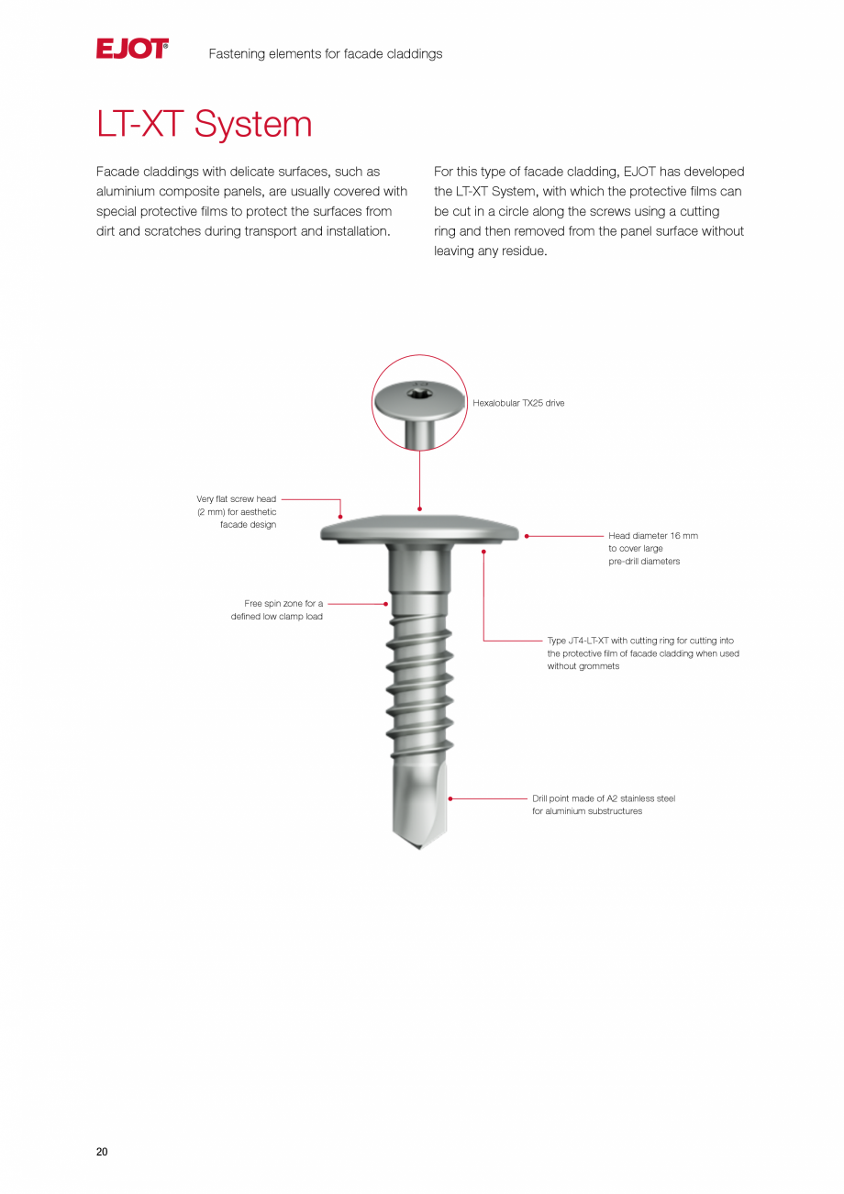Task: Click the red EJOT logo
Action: point(132,50)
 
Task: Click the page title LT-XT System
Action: point(204,125)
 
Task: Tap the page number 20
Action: point(102,1152)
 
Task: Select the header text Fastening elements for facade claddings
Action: point(325,54)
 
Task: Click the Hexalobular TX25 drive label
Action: point(518,403)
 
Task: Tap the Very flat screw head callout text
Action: point(237,512)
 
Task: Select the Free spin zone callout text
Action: point(277,610)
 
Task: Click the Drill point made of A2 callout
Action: point(603,805)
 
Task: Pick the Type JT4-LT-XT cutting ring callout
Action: point(642,653)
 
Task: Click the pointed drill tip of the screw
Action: point(420,844)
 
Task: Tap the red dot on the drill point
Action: point(450,798)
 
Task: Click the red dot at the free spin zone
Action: point(386,604)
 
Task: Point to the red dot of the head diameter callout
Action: point(527,536)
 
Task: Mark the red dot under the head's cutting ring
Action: point(483,552)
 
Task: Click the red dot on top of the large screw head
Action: point(419,508)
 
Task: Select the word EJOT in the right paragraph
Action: point(639,172)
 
